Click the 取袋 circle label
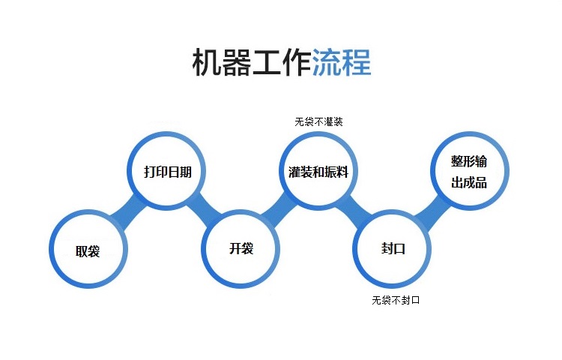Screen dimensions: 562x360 [x=88, y=251]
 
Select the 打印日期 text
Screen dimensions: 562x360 [x=168, y=172]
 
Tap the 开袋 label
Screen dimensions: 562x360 [x=241, y=248]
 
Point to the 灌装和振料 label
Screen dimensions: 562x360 [x=318, y=172]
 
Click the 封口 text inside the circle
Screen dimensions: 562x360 [x=393, y=248]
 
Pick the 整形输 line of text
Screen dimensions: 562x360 [x=469, y=161]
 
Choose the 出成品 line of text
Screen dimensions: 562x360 [x=469, y=182]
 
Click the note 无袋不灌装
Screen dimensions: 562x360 [x=318, y=122]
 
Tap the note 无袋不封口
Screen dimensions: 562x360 [x=396, y=300]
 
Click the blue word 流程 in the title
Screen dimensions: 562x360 [x=342, y=62]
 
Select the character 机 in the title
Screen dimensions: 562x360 [x=207, y=62]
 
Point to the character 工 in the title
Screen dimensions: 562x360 [x=267, y=62]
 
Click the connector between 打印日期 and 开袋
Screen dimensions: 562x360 [x=205, y=211]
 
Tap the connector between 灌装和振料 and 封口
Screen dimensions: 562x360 [x=355, y=211]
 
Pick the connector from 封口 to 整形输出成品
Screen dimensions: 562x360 [x=432, y=211]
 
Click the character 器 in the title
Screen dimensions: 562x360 [x=237, y=62]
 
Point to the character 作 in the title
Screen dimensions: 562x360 [x=297, y=62]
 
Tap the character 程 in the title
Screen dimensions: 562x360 [x=357, y=62]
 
